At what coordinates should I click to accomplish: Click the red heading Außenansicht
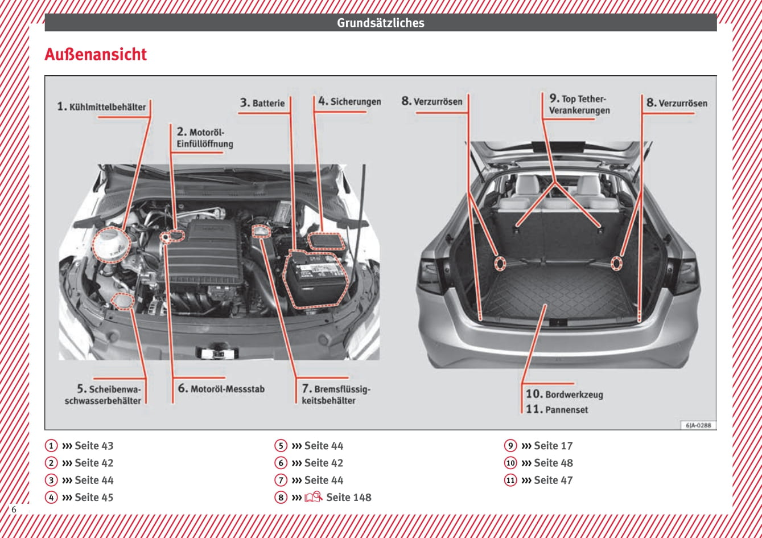pyautogui.click(x=96, y=55)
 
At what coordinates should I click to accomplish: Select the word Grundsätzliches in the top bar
pyautogui.click(x=380, y=23)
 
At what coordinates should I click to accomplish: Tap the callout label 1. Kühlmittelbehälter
pyautogui.click(x=101, y=106)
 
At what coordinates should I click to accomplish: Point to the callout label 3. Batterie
pyautogui.click(x=262, y=103)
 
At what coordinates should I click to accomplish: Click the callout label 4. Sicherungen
pyautogui.click(x=349, y=101)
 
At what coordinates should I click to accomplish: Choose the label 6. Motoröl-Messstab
pyautogui.click(x=221, y=389)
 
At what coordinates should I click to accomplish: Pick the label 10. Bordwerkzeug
pyautogui.click(x=564, y=394)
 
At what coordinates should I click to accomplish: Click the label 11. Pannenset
pyautogui.click(x=557, y=409)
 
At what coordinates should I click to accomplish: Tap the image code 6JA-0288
pyautogui.click(x=698, y=425)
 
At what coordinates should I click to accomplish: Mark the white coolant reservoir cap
pyautogui.click(x=110, y=244)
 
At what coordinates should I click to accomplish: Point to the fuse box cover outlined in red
pyautogui.click(x=326, y=240)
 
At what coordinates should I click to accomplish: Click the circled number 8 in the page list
pyautogui.click(x=281, y=497)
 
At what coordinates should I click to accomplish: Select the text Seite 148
pyautogui.click(x=348, y=497)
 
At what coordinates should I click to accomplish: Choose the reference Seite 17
pyautogui.click(x=553, y=446)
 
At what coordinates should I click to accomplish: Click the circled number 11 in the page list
pyautogui.click(x=510, y=480)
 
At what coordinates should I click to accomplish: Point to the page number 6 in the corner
pyautogui.click(x=14, y=510)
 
